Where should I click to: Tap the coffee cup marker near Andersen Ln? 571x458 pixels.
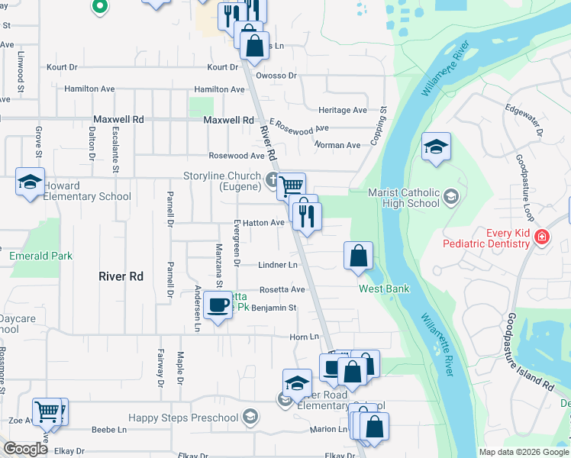pos(219,305)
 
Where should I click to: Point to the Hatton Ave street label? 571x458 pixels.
pos(264,223)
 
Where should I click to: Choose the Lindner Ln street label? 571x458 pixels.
pos(278,265)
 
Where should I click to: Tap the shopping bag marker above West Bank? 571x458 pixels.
pos(359,257)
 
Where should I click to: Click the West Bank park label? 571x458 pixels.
pos(384,289)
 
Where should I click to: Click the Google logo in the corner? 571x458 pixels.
pos(25,449)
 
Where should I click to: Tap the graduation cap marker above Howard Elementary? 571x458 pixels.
pos(30,183)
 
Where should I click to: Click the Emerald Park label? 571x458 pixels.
pos(41,256)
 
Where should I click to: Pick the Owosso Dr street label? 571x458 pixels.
pos(276,76)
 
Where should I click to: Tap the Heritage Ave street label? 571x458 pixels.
pos(343,110)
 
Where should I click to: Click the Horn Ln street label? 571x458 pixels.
pos(304,337)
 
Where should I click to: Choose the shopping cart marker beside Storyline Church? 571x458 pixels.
pos(291,185)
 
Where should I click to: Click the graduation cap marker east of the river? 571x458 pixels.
pos(436,147)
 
